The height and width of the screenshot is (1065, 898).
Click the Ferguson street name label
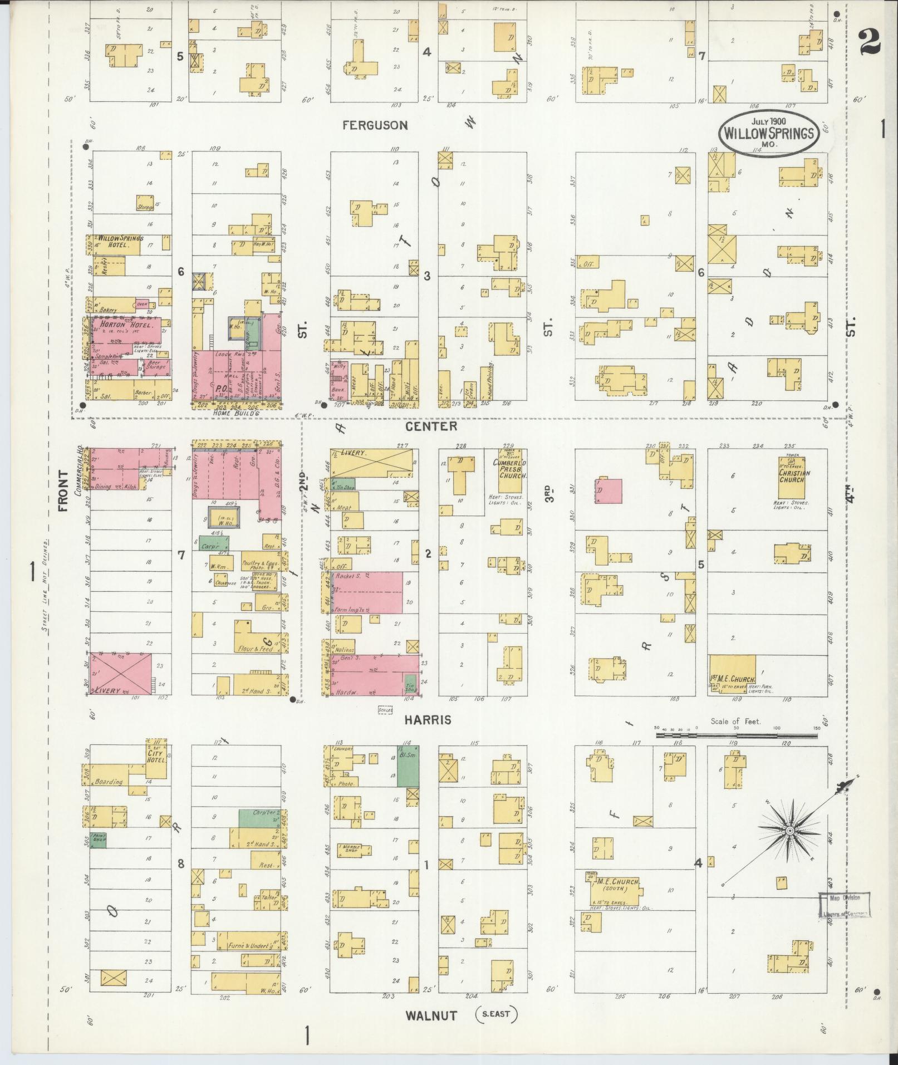pos(375,125)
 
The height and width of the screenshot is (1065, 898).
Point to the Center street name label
pos(431,426)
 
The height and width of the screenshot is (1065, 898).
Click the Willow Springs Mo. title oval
pos(768,132)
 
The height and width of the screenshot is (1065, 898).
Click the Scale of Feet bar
pos(736,735)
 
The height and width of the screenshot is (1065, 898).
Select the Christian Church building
pos(794,478)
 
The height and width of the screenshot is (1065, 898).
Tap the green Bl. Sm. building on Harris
pos(408,766)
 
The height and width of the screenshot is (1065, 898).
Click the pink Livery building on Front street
pos(121,674)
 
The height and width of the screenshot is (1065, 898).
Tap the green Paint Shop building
pos(98,840)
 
